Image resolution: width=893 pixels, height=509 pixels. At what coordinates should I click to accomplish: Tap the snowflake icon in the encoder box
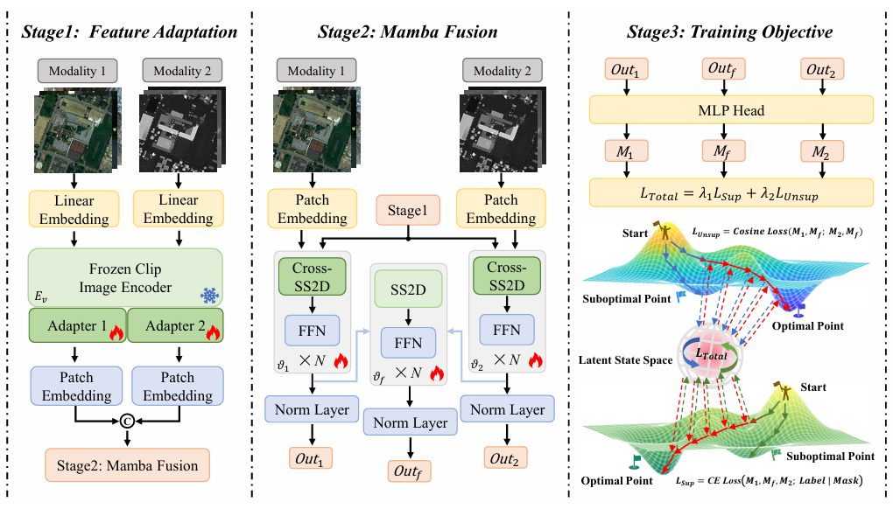(x=210, y=295)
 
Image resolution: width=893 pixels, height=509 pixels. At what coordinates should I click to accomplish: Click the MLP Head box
(x=731, y=110)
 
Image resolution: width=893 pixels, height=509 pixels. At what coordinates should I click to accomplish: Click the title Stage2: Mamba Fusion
(x=407, y=32)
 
